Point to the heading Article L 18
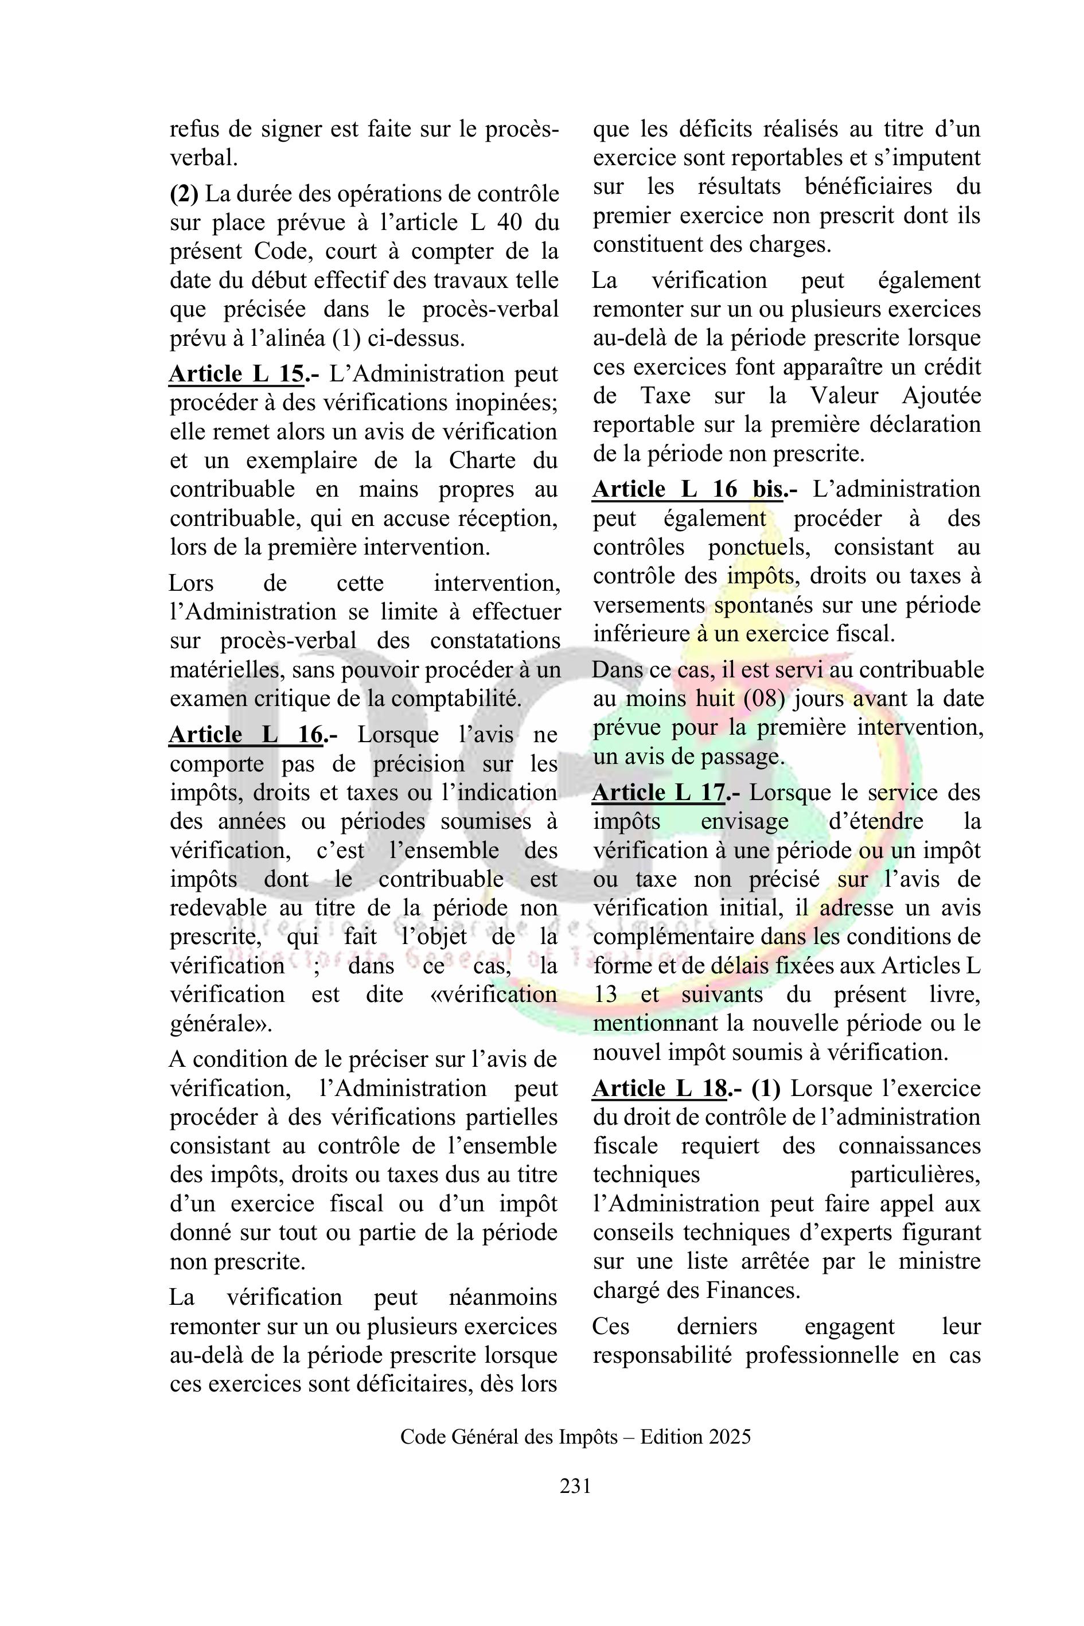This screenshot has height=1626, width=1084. click(660, 1089)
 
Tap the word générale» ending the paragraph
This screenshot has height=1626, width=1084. click(221, 1024)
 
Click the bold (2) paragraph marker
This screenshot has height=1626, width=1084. click(184, 194)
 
